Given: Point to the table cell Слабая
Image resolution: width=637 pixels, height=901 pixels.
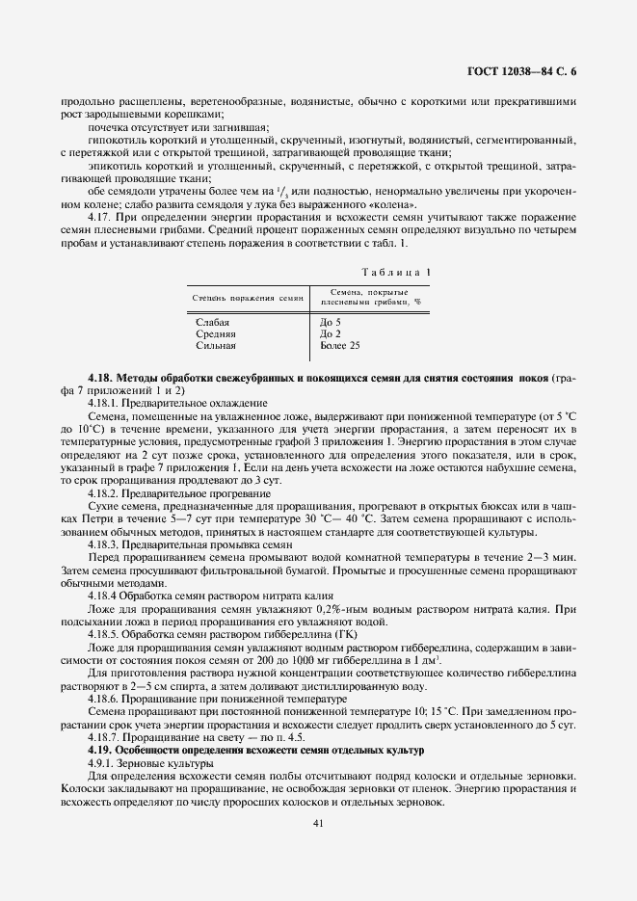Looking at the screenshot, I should [x=213, y=322].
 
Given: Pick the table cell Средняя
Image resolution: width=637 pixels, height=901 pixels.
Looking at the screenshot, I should [x=216, y=333].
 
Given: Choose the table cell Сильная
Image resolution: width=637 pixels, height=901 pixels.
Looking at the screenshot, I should [x=216, y=345].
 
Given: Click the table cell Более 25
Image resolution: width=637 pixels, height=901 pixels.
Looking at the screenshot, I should [x=339, y=345].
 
